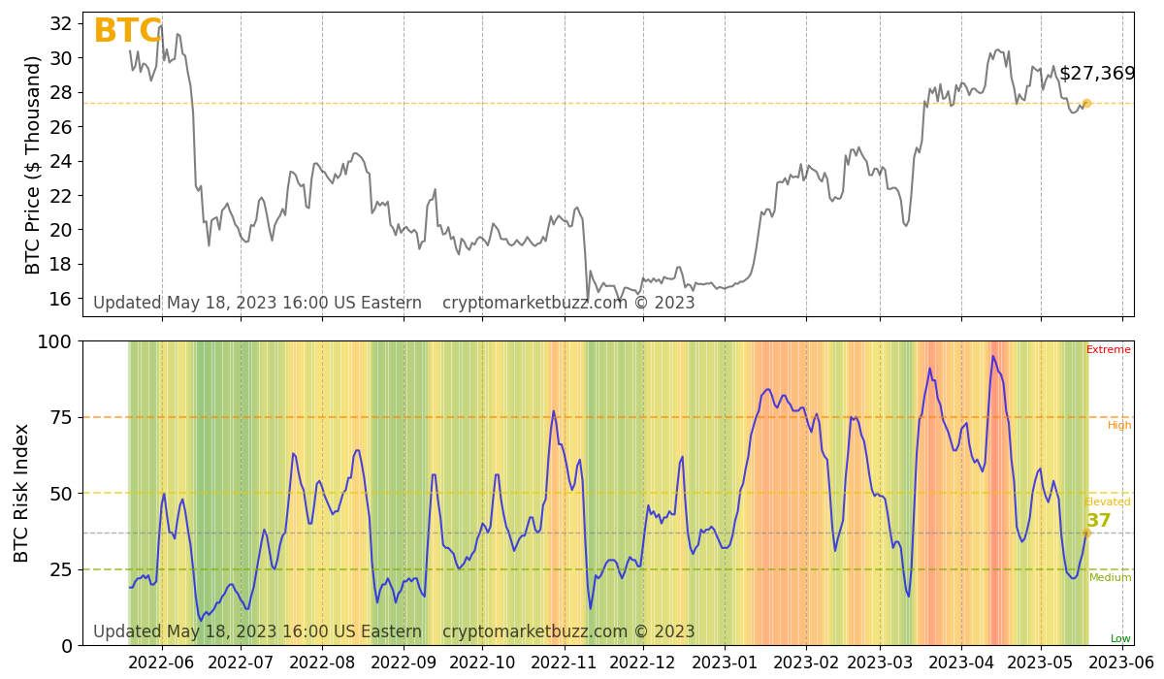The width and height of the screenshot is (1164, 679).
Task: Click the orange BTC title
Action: (x=127, y=32)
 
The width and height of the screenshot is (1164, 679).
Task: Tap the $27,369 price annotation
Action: (x=1097, y=74)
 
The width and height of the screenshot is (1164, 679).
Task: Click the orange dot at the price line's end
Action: (x=1086, y=103)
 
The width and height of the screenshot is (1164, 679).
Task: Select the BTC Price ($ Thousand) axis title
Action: (x=34, y=165)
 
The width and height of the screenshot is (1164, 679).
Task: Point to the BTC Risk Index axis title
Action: (x=21, y=493)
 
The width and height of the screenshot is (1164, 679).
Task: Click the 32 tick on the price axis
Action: (x=62, y=23)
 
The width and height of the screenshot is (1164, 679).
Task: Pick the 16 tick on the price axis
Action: (x=62, y=298)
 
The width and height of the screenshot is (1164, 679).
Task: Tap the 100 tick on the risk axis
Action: (x=55, y=341)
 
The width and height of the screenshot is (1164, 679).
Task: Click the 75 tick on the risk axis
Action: (x=60, y=417)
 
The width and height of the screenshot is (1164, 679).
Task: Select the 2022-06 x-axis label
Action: (x=161, y=663)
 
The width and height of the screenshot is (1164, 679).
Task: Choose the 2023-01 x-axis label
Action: (x=725, y=663)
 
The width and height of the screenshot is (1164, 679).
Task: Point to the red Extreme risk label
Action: (x=1108, y=350)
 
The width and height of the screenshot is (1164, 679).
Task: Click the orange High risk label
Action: (x=1119, y=425)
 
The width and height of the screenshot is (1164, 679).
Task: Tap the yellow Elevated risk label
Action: (x=1108, y=502)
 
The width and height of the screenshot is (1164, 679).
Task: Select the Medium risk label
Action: (x=1110, y=578)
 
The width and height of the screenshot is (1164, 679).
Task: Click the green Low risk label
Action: (x=1120, y=638)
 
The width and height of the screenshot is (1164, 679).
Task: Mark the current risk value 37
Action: (x=1098, y=521)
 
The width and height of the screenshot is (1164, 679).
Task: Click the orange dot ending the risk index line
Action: (x=1086, y=533)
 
